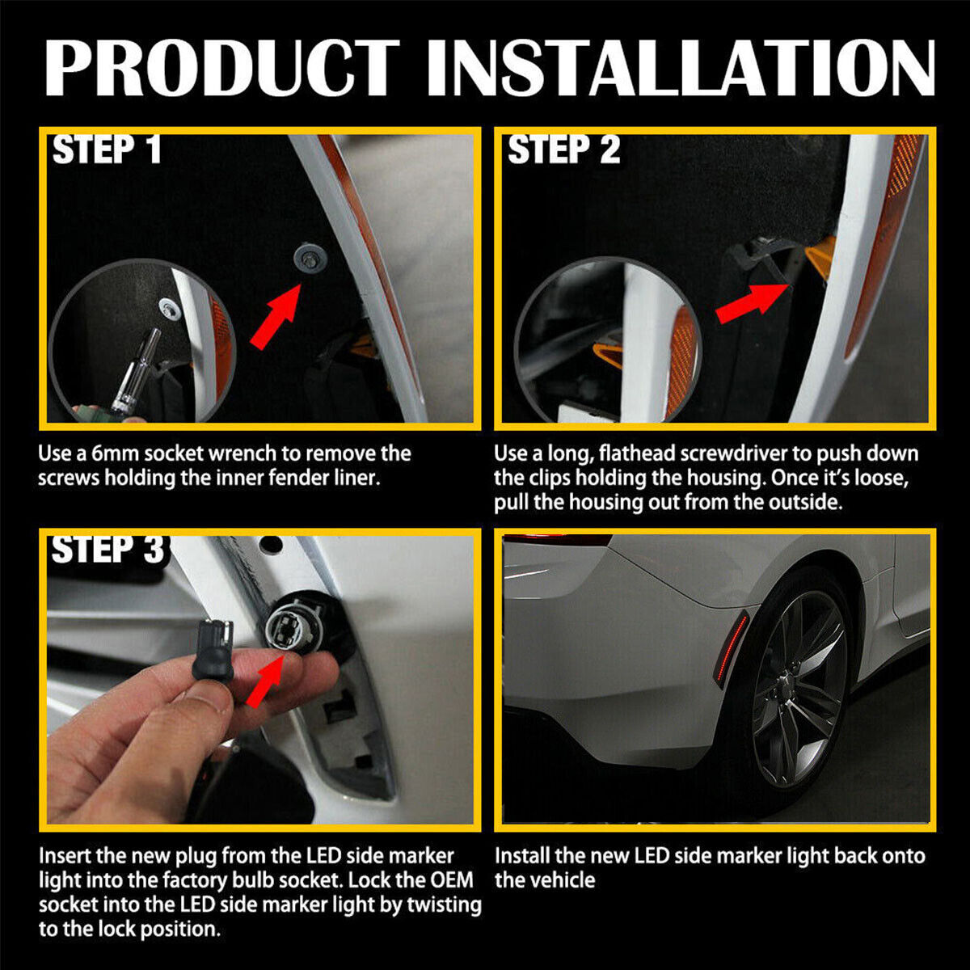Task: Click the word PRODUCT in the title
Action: tap(222, 67)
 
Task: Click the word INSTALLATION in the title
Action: tap(681, 67)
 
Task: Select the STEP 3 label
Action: tap(108, 549)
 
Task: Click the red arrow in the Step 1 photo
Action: tap(276, 316)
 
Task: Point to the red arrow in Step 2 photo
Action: tap(751, 302)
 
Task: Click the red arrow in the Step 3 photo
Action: tap(264, 681)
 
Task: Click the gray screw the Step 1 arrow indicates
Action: tap(307, 258)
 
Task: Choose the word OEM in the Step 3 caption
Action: tap(445, 880)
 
